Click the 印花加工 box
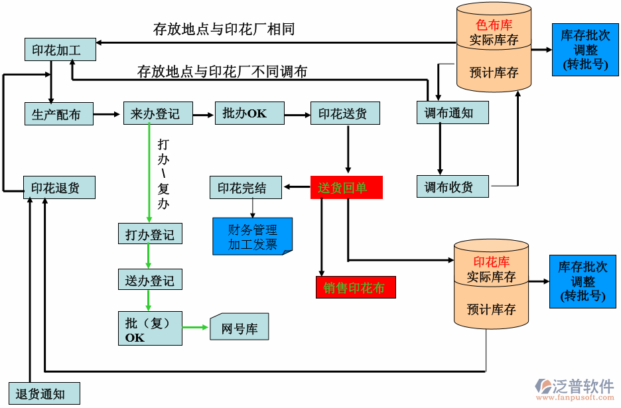56,50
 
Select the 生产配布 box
56,114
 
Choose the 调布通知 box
449,113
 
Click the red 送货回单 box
346,188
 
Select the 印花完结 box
245,188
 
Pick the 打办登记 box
150,234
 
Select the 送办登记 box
150,280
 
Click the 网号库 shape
239,328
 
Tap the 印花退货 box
58,188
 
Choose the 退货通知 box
43,394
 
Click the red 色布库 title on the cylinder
494,25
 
